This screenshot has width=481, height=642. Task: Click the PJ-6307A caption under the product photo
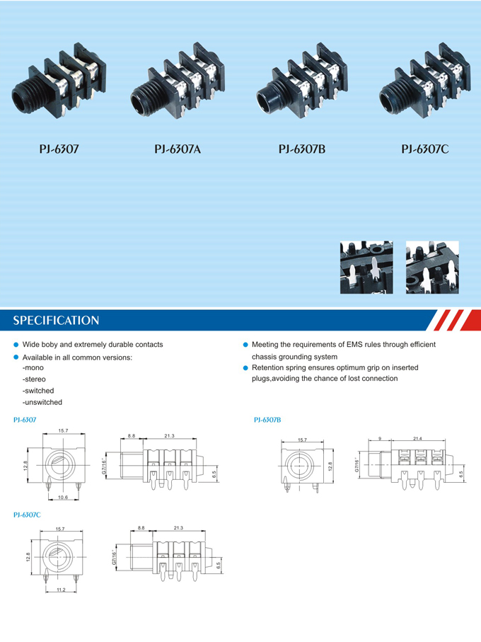tap(178, 149)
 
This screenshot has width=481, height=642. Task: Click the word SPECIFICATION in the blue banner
tap(56, 321)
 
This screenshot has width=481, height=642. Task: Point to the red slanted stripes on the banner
tap(450, 320)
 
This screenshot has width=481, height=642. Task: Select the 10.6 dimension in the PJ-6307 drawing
tap(63, 497)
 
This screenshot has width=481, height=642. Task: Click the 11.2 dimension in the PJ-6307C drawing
tap(61, 590)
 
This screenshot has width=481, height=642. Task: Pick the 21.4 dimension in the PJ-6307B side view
tap(417, 440)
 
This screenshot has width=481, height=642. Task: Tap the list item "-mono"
tap(33, 369)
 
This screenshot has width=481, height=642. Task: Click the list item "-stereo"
tap(35, 380)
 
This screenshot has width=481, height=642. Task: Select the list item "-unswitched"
tap(42, 402)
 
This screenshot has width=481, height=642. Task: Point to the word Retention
tap(269, 367)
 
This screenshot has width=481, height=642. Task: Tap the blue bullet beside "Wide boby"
tap(16, 345)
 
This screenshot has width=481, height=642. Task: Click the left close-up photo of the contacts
tap(366, 266)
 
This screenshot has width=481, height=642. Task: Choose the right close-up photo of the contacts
tap(431, 266)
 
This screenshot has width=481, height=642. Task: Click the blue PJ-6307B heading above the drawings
tap(267, 420)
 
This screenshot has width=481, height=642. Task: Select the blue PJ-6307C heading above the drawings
tap(27, 515)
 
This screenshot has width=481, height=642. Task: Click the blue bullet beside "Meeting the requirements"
tap(245, 345)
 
